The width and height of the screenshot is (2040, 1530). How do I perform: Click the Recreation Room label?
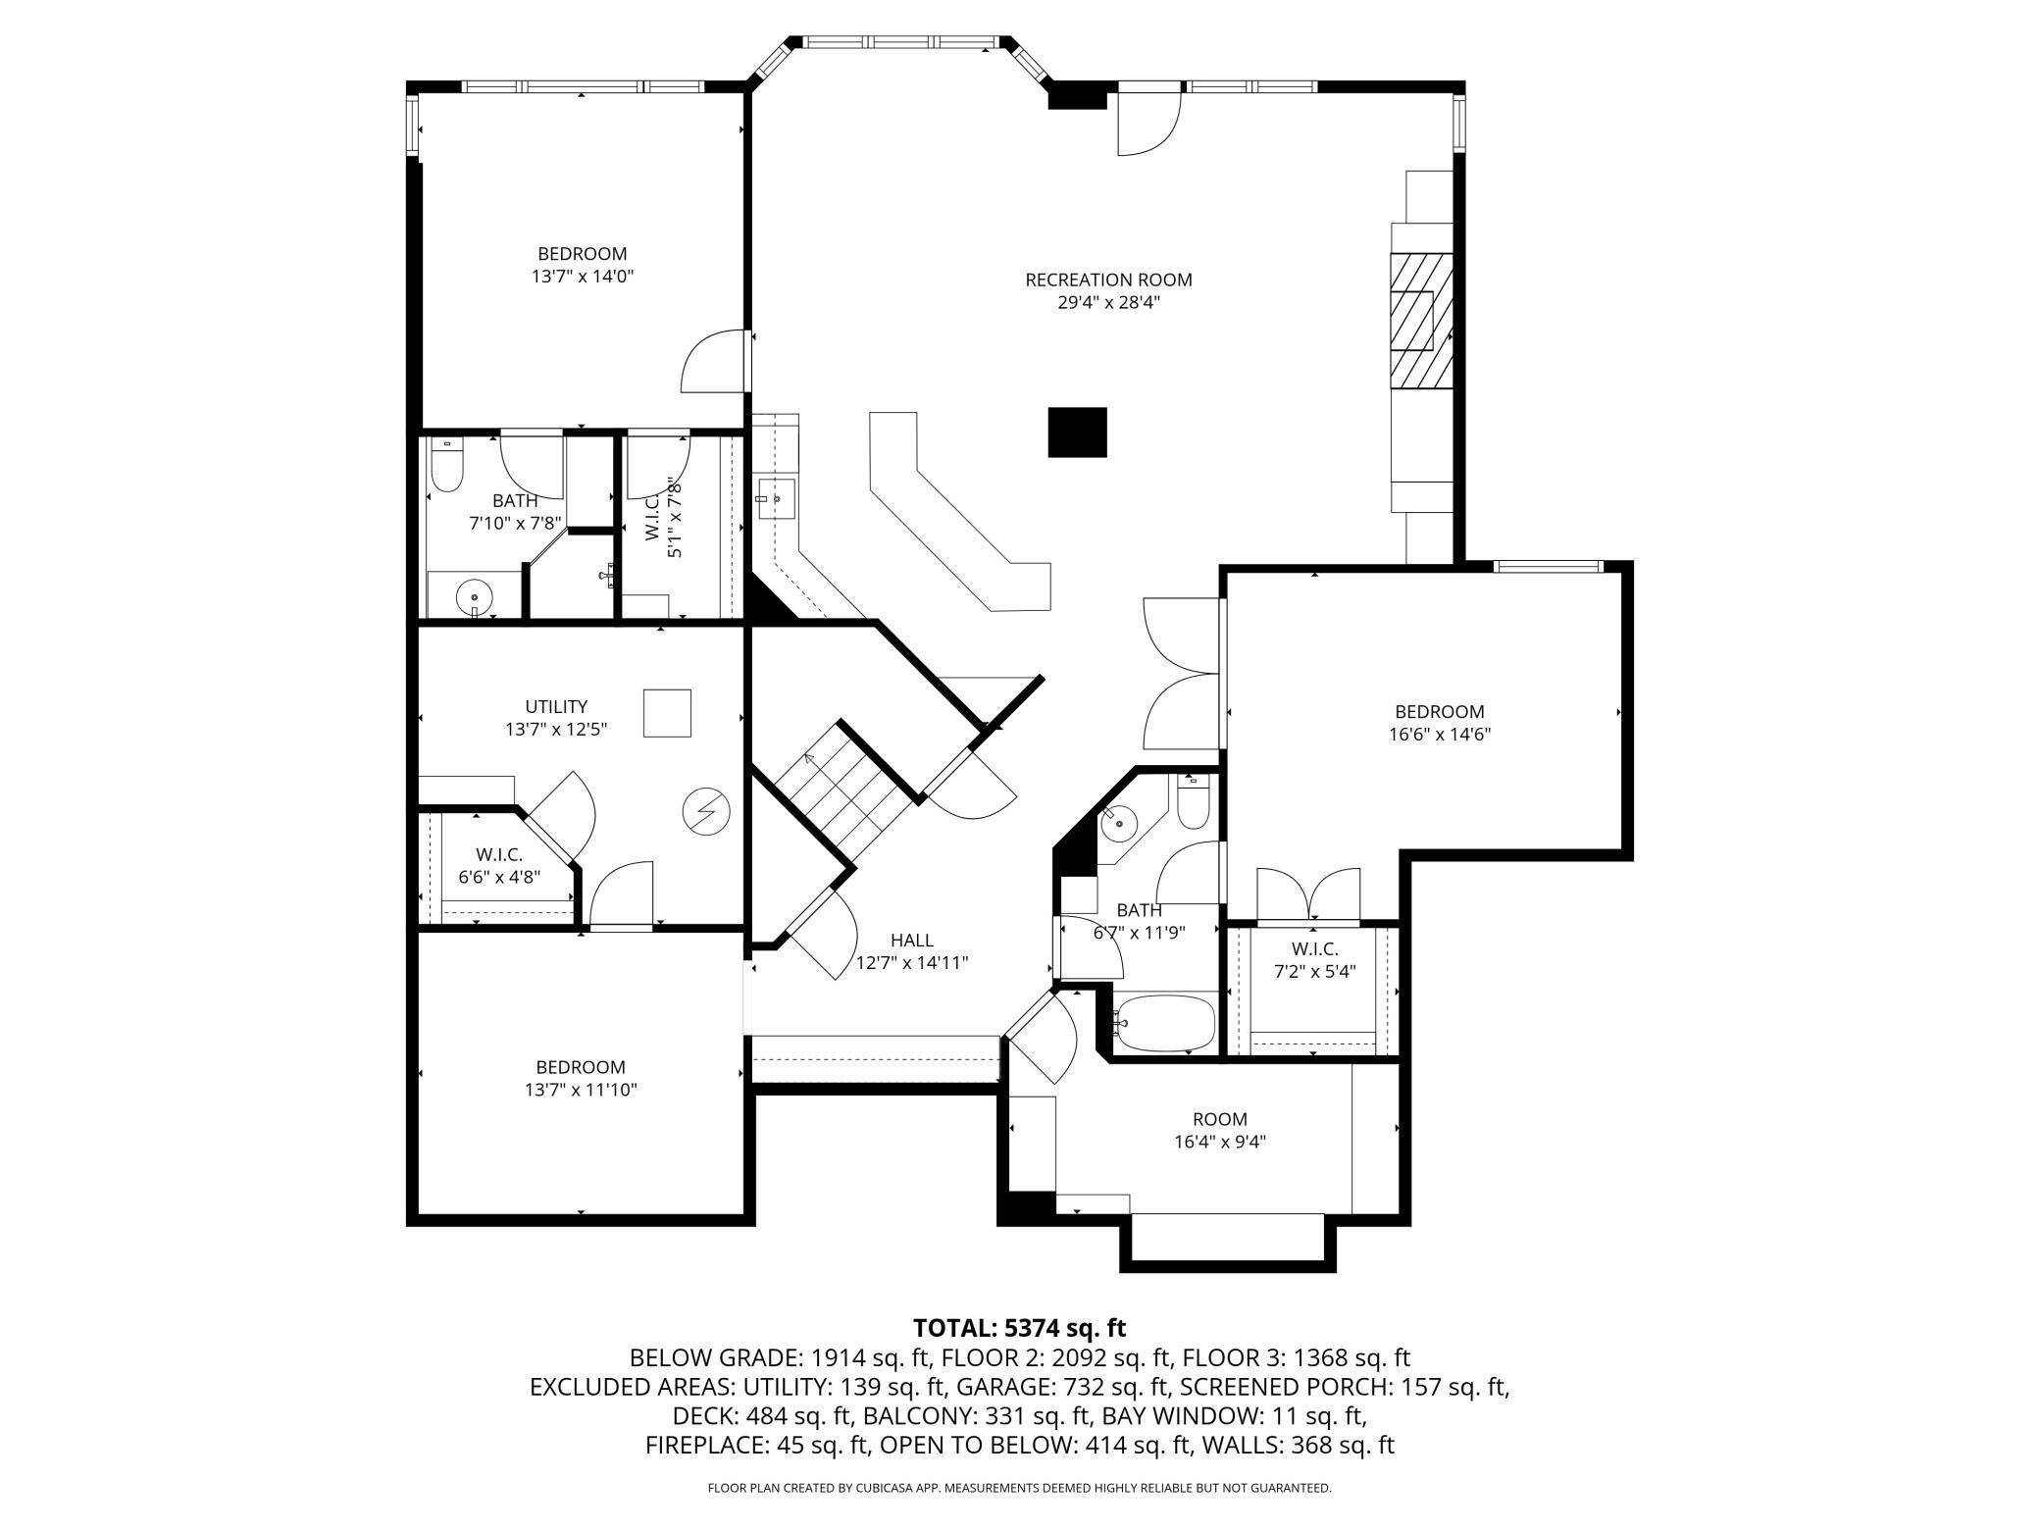coord(1108,280)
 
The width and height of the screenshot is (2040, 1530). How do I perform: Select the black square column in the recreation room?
coord(1077,432)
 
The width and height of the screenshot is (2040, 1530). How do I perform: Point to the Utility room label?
coord(556,706)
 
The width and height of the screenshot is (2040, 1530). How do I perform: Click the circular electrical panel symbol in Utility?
coord(706,811)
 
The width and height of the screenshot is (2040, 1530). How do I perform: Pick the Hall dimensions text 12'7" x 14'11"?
coord(912,963)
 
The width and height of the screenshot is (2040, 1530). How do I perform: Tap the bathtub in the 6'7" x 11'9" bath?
coord(1166,1024)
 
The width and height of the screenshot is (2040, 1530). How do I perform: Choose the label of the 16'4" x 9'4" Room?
coord(1220,1119)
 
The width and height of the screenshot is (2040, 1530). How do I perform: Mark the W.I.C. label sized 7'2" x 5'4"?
coord(1314,948)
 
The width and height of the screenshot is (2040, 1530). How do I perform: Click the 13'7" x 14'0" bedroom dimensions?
coord(583,277)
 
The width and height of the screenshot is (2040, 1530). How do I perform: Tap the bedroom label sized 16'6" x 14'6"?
coord(1440,711)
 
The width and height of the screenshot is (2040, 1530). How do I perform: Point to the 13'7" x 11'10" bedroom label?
coord(581,1067)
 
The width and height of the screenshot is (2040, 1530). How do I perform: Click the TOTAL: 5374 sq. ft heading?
coord(1020,1328)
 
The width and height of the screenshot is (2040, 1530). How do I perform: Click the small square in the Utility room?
coord(667,713)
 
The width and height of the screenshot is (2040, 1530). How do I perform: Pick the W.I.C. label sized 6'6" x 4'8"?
coord(499,854)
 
